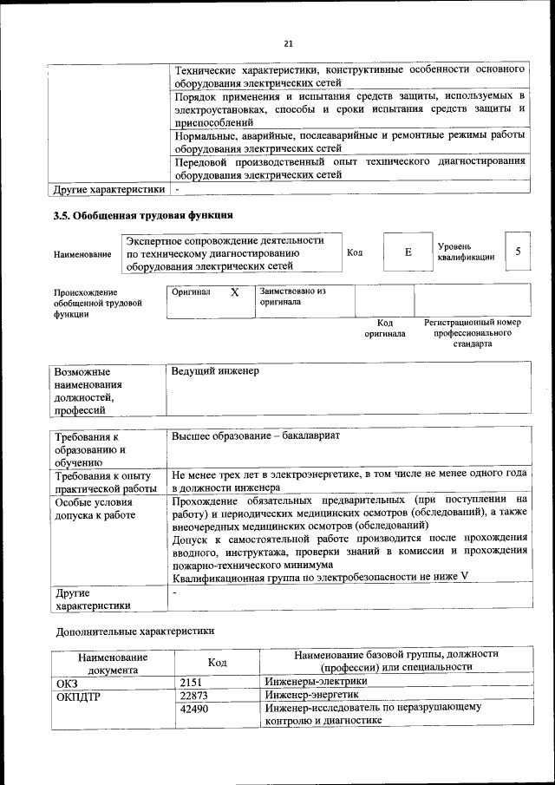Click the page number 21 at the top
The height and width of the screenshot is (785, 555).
[x=288, y=43]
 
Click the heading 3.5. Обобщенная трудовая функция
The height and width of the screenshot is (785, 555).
[x=142, y=215]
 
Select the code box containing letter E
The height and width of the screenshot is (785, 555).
[x=408, y=252]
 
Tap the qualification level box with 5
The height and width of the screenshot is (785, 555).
[x=518, y=252]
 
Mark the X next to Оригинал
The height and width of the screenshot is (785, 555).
[x=234, y=292]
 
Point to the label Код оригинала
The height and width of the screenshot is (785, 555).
[x=384, y=328]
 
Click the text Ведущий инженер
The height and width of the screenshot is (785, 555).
[x=215, y=371]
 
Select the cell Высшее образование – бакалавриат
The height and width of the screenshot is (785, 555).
[x=255, y=435]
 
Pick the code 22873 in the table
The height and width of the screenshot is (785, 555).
[x=195, y=695]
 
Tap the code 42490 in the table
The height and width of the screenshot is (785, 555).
[x=195, y=709]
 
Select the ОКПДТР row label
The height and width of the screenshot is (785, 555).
[x=78, y=695]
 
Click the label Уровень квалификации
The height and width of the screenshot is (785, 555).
[x=466, y=252]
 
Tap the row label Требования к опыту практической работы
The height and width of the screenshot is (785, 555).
[x=103, y=481]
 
